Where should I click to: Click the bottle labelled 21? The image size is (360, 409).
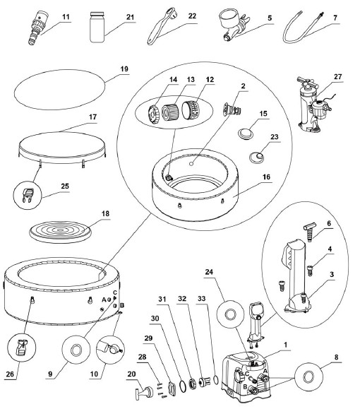97,27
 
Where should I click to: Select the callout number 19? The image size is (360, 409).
124,69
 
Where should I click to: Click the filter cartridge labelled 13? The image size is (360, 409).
171,112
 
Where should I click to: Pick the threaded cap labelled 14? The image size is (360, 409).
154,114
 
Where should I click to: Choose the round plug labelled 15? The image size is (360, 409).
246,134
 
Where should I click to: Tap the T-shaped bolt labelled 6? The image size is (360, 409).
309,231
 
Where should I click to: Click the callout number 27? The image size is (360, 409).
337,77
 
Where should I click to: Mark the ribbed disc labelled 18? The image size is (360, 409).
61,232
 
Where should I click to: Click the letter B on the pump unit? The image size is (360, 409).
245,386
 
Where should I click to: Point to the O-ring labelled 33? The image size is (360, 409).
215,380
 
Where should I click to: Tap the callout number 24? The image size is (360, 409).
209,272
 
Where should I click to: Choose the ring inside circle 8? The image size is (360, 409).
308,377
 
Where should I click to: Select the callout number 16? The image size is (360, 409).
266,177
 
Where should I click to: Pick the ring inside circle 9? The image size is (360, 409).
76,350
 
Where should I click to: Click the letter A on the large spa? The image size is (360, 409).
104,300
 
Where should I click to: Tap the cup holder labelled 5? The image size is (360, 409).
234,25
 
